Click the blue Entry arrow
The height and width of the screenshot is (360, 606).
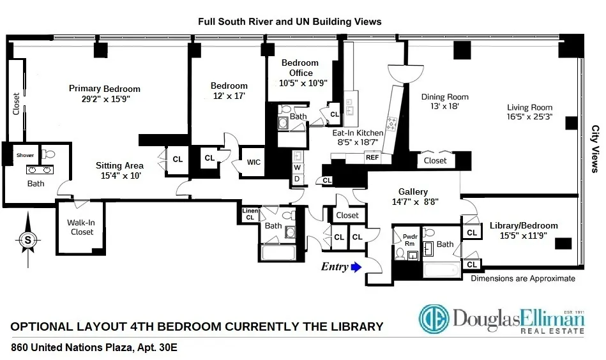[356, 267]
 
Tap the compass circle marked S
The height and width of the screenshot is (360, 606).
[27, 240]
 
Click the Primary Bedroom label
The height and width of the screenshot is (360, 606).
[105, 89]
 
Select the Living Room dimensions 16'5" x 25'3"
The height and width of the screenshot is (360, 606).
[529, 117]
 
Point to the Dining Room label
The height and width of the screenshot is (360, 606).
[444, 97]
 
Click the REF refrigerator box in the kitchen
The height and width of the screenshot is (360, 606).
[372, 157]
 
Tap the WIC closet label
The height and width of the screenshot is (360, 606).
[254, 162]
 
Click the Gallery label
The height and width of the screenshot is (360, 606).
[413, 191]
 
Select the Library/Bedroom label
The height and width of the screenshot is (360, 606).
[524, 225]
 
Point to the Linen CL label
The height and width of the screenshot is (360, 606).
[250, 214]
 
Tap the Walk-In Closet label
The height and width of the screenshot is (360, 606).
[80, 227]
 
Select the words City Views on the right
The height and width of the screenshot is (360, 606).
[594, 149]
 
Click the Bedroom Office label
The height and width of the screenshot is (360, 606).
[300, 68]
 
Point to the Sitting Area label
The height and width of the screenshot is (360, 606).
[120, 165]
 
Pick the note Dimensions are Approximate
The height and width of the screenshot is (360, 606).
[522, 278]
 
